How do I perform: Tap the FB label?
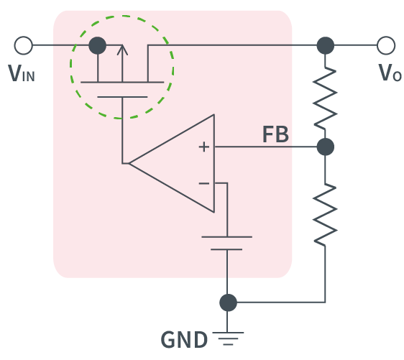276,135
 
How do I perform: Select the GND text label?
183,339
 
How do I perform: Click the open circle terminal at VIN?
23,46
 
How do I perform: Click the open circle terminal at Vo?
386,46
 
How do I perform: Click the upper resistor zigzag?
326,96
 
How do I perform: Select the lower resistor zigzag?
326,213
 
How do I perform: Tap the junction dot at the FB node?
326,147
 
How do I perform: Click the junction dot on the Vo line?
326,46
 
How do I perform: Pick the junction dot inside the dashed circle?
97,46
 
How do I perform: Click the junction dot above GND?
228,303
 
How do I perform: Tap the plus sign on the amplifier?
204,147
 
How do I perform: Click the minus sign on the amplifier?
204,183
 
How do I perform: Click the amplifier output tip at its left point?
129,164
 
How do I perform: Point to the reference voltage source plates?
227,242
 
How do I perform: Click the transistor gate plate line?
122,96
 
